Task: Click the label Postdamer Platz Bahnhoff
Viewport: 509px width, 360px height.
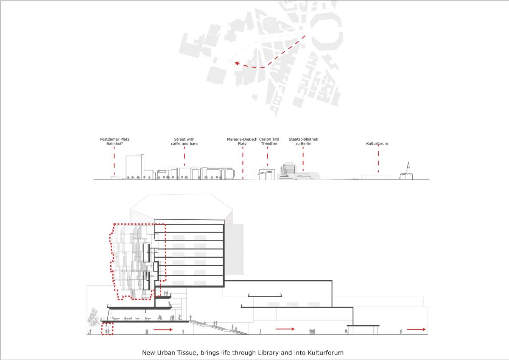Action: [115, 141]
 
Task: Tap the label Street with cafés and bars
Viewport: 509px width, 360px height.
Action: [184, 141]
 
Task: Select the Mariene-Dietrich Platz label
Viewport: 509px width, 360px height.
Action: [242, 141]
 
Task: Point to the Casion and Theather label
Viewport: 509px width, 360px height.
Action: [269, 141]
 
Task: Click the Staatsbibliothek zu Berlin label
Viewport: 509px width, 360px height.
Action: [303, 141]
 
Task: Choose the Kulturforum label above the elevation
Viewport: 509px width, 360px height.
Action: [377, 144]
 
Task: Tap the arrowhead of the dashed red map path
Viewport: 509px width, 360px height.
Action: [237, 63]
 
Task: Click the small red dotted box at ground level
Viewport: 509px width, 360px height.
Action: [107, 329]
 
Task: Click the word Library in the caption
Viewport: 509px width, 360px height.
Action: [268, 353]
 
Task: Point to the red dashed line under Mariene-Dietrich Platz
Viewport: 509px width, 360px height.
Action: [243, 163]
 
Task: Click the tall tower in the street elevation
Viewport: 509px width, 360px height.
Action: [135, 167]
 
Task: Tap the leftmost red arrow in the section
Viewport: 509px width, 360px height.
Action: [163, 329]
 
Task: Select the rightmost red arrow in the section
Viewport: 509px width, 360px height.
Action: [416, 329]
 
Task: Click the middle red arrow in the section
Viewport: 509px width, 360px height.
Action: [285, 329]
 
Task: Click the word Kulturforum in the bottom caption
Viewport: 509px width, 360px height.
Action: [326, 353]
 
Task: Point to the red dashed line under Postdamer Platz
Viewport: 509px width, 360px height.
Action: [114, 161]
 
